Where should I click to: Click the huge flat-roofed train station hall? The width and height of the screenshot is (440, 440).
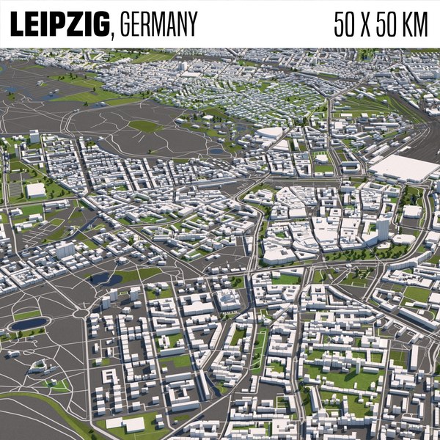pyautogui.click(x=404, y=168)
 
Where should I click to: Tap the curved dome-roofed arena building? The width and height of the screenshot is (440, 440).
pyautogui.click(x=270, y=133)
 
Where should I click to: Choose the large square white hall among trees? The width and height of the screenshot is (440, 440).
pyautogui.click(x=35, y=191)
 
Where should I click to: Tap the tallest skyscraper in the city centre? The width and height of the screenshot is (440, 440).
pyautogui.click(x=382, y=229)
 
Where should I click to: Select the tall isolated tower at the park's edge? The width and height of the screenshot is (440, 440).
pyautogui.click(x=34, y=136)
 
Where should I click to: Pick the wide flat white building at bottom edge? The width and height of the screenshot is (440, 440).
pyautogui.click(x=125, y=424)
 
